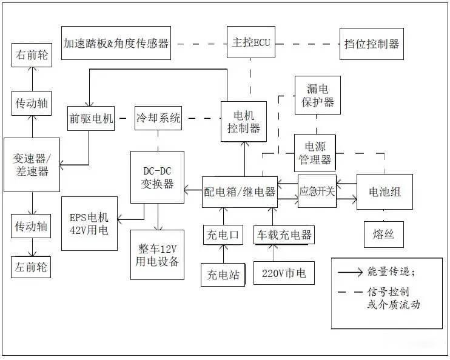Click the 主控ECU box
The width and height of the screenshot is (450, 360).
point(250,43)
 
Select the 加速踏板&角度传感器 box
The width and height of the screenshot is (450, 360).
point(116,43)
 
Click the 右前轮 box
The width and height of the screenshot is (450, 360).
point(31,55)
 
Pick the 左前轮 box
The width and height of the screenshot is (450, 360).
point(31,267)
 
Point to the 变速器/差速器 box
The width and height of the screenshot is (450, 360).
point(31,165)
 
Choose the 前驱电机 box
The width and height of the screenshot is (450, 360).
point(91,119)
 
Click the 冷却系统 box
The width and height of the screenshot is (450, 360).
point(158,119)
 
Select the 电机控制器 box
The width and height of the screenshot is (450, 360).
point(244,121)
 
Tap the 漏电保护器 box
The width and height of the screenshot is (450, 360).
point(317,95)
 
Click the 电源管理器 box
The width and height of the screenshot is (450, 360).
point(315,153)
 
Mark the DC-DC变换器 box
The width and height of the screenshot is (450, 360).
point(157,176)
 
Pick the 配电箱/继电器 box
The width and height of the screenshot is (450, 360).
point(240,192)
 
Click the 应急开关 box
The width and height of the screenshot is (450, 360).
point(317,192)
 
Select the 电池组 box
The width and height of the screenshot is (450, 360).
point(385,192)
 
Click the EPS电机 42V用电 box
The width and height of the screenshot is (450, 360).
point(89,224)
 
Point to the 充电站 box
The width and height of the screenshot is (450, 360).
point(223,275)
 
